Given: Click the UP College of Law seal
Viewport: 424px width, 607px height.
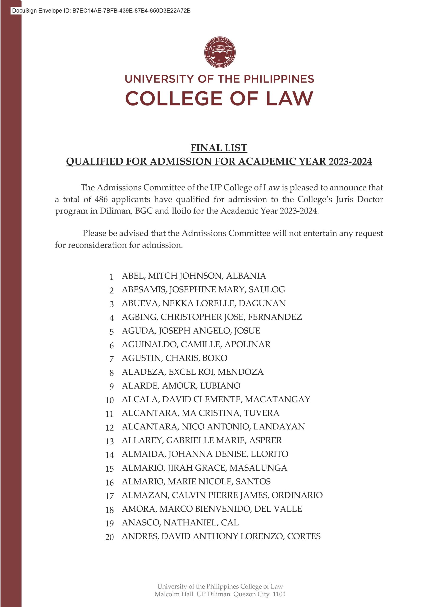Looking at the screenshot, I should (220, 52).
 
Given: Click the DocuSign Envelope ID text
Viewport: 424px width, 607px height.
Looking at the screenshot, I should (101, 11).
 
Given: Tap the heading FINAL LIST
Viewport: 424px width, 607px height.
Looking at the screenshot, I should (219, 148).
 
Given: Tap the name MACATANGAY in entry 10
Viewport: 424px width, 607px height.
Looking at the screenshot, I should (277, 400).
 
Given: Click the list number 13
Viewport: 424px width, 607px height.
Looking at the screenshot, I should (110, 441).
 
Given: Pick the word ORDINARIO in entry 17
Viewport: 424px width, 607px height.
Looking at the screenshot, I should (297, 495).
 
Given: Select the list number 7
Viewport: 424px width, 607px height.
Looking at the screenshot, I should (112, 359).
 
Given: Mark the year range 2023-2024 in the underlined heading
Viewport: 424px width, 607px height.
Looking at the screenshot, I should (350, 161).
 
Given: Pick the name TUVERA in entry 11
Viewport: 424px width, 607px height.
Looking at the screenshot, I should (261, 413).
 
